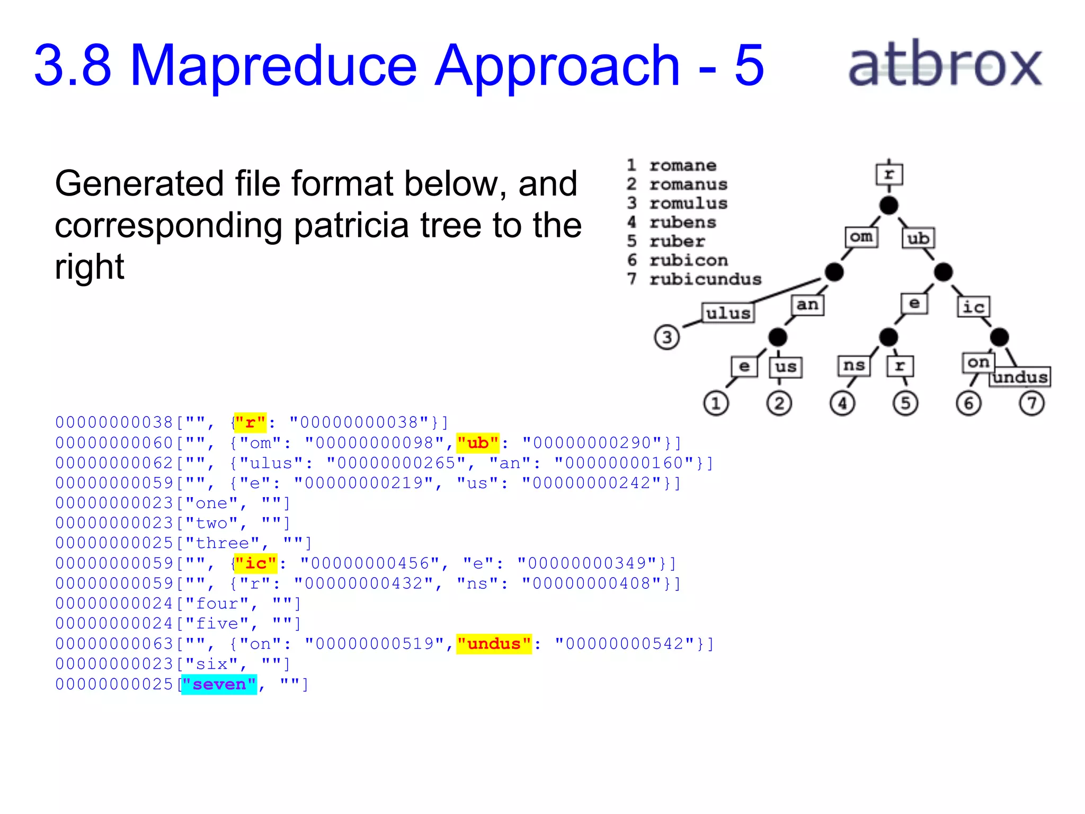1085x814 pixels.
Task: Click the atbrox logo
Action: [x=945, y=65]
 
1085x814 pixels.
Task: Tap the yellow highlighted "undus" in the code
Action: [x=494, y=644]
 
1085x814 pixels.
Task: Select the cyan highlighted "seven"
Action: [x=219, y=684]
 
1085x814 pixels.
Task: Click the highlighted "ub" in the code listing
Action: [x=478, y=443]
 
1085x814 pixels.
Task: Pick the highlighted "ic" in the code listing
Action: [x=255, y=563]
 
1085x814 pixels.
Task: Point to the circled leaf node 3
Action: [x=666, y=337]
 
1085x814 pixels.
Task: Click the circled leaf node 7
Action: [x=1031, y=403]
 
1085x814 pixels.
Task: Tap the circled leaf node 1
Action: [x=716, y=403]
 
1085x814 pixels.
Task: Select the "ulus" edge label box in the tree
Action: [x=728, y=313]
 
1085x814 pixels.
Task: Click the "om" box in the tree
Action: [x=861, y=237]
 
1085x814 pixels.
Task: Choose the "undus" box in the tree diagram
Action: [x=1020, y=377]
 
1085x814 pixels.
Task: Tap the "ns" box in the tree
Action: [x=853, y=366]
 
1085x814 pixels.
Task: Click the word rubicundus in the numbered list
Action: [x=705, y=279]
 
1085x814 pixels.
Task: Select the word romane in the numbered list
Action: [x=683, y=165]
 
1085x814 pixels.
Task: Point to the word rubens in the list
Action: [x=683, y=223]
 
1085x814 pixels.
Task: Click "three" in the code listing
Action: [x=222, y=543]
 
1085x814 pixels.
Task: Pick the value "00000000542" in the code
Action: [x=625, y=644]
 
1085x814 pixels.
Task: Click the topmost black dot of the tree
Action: [x=888, y=205]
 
